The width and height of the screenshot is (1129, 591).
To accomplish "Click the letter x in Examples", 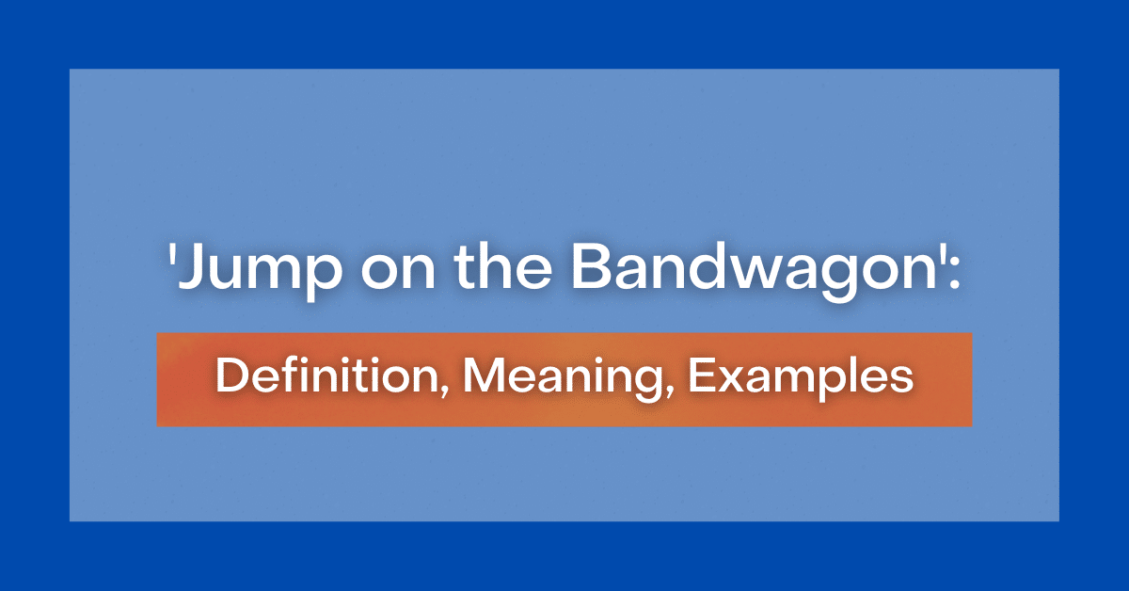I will point(727,381).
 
